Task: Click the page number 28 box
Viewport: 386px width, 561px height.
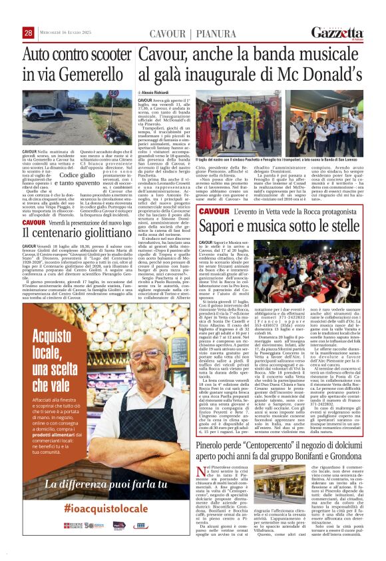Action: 28,33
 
